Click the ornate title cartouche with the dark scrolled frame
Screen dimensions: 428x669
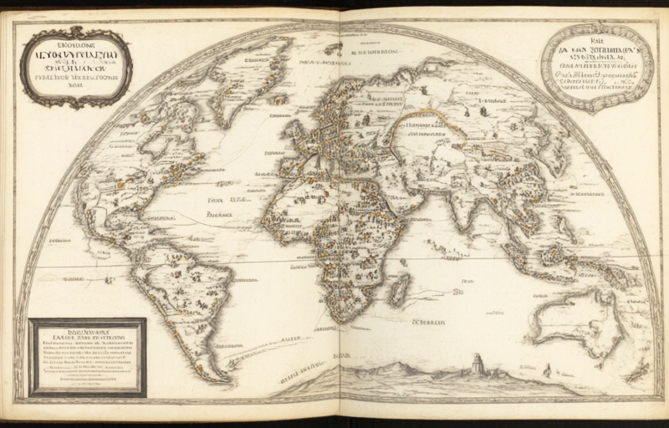coord(76,67)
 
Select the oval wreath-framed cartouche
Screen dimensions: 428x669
coord(596,67)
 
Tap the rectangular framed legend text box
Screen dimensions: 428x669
coord(86,357)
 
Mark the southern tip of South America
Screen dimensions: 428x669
coord(219,379)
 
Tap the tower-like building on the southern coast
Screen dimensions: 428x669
coord(477,364)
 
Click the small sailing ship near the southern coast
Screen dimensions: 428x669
coord(547,369)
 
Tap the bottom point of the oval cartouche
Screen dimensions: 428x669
coord(597,110)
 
